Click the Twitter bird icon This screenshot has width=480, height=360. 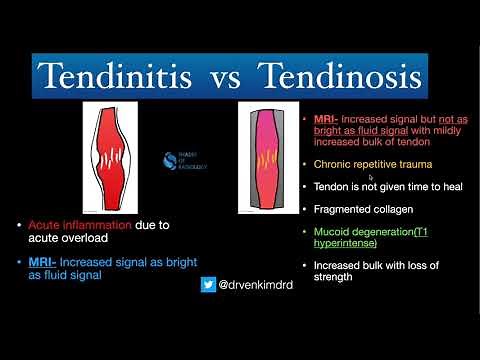pos(208,284)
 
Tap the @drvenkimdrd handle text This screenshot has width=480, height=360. pos(255,284)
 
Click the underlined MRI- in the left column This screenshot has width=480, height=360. pos(46,262)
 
